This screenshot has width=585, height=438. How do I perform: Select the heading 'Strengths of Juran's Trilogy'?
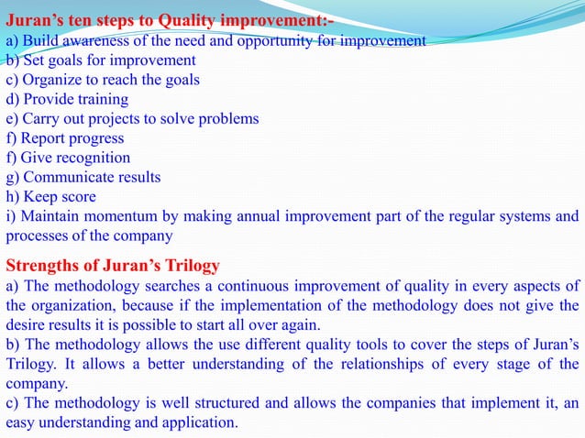click(x=113, y=267)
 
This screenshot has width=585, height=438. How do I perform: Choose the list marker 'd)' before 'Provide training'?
click(x=13, y=99)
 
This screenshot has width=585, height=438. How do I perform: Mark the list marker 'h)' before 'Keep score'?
click(x=13, y=197)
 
